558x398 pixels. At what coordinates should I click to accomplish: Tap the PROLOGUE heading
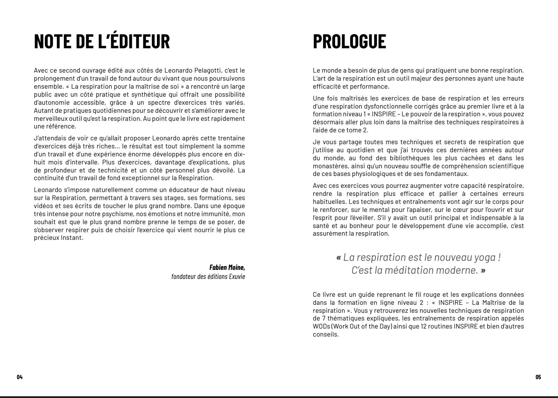[x=349, y=41]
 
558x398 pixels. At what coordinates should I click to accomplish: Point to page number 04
[x=20, y=377]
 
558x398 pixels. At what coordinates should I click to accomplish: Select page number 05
[x=538, y=377]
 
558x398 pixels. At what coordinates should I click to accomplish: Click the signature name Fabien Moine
[x=227, y=267]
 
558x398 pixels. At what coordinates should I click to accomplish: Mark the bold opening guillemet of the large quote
[x=338, y=257]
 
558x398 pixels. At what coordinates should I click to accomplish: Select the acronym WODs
[x=321, y=326]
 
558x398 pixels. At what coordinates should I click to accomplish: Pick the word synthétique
[x=128, y=95]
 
